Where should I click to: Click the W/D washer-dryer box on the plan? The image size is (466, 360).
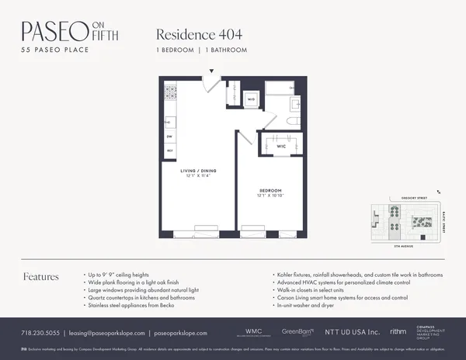(x=252, y=99)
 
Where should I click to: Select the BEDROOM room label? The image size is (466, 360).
(x=270, y=190)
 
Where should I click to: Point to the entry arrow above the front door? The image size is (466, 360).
(x=210, y=72)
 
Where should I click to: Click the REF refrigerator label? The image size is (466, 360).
(x=169, y=151)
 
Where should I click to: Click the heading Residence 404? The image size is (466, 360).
(x=195, y=34)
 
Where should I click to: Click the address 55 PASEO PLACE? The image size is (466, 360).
(x=54, y=50)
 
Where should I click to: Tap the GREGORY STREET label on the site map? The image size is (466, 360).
(x=403, y=197)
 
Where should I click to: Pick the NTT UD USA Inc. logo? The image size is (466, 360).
(x=349, y=332)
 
